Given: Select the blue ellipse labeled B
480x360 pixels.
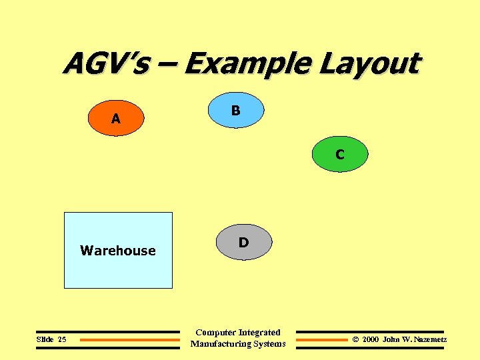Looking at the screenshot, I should point(235,110).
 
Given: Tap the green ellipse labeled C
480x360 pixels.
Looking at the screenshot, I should point(340,155).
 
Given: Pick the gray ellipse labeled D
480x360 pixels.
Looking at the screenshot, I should point(243,242).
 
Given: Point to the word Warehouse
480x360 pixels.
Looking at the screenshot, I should point(118,251).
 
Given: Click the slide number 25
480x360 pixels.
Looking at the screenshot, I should point(62,339).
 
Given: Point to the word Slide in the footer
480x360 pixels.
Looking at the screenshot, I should point(45,339).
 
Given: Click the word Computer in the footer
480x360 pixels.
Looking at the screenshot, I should point(215,332).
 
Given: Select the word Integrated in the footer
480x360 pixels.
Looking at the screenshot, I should point(259,332).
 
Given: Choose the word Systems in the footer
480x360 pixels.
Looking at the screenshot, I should point(271,344).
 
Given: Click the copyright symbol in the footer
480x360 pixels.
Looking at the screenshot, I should point(355,339).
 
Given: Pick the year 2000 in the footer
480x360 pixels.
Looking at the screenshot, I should point(371,339).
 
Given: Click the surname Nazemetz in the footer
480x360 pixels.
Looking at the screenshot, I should point(430,339).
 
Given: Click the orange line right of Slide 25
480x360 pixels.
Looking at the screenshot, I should point(130,340).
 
